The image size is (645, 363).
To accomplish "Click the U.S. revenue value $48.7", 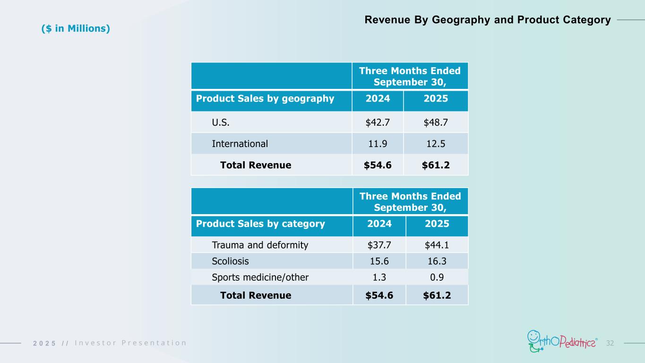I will (435, 122).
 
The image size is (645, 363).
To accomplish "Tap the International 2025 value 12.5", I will (435, 144).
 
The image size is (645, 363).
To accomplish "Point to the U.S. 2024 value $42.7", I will (378, 122).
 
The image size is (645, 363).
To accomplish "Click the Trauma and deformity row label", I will (260, 245).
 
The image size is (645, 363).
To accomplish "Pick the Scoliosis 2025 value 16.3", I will (437, 261).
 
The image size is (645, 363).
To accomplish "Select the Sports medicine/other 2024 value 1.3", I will (379, 277).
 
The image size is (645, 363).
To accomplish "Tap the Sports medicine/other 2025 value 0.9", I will (437, 277).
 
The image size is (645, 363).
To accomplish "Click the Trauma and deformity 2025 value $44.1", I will (437, 245).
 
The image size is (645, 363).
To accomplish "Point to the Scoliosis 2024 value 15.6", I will (379, 261).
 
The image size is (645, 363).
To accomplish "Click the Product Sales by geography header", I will (265, 99).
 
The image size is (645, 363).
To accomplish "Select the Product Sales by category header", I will (260, 224).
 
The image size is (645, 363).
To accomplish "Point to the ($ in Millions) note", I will (76, 28).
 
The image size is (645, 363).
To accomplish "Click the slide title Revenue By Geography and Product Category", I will (488, 20).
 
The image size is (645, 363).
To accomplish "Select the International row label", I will (240, 144).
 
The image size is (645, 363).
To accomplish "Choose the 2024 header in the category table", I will (379, 224).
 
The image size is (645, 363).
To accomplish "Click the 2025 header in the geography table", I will (435, 99).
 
